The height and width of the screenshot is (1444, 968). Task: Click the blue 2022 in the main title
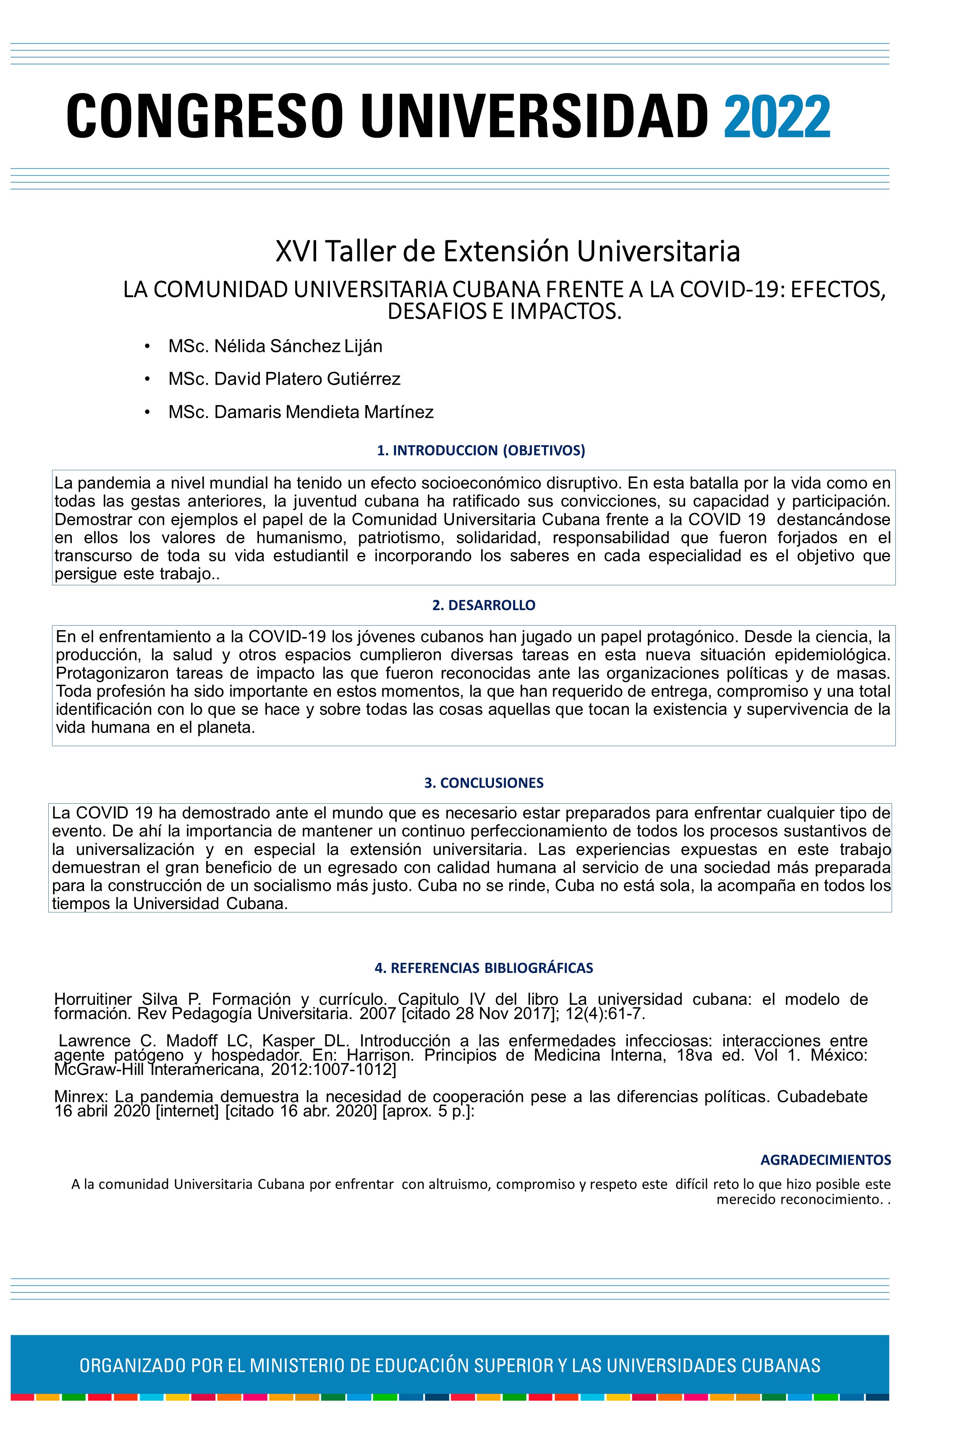pyautogui.click(x=776, y=117)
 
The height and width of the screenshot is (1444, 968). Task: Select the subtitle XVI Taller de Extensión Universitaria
pyautogui.click(x=508, y=251)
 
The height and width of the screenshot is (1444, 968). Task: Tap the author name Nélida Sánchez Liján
pyautogui.click(x=298, y=346)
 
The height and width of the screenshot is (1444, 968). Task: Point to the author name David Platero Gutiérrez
pyautogui.click(x=307, y=379)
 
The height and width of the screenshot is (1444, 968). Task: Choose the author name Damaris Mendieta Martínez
pyautogui.click(x=324, y=412)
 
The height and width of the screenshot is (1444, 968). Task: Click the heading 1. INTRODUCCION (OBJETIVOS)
pyautogui.click(x=481, y=451)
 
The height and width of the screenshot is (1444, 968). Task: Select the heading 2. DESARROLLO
pyautogui.click(x=484, y=605)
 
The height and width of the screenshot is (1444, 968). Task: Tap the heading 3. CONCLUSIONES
pyautogui.click(x=484, y=783)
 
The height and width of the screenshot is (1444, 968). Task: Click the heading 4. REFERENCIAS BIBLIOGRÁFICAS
pyautogui.click(x=484, y=968)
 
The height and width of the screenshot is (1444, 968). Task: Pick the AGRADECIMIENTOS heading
pyautogui.click(x=825, y=1160)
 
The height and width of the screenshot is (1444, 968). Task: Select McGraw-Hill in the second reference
pyautogui.click(x=99, y=1069)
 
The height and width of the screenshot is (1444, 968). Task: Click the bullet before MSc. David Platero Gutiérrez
pyautogui.click(x=147, y=379)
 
